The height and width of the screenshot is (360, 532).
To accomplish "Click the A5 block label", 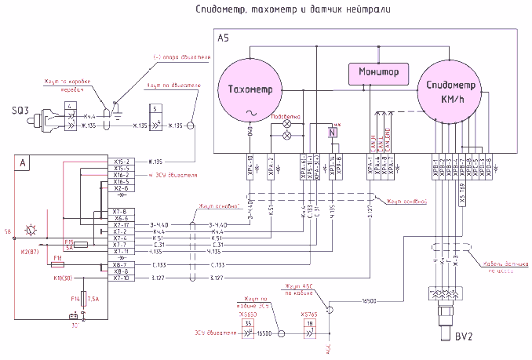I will pos(224,38).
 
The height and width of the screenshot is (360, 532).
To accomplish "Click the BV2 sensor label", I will pos(463,338).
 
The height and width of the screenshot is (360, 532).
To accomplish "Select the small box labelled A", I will pos(23,163).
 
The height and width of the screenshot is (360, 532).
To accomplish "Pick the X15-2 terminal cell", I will pos(121,162).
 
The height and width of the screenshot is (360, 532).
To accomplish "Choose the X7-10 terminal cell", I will pos(121,278).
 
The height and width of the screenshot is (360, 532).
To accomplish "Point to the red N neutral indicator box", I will pos(332,133).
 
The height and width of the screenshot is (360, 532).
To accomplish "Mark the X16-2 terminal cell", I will pos(121,175).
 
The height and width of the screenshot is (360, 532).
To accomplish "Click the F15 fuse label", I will pos(69,242).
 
